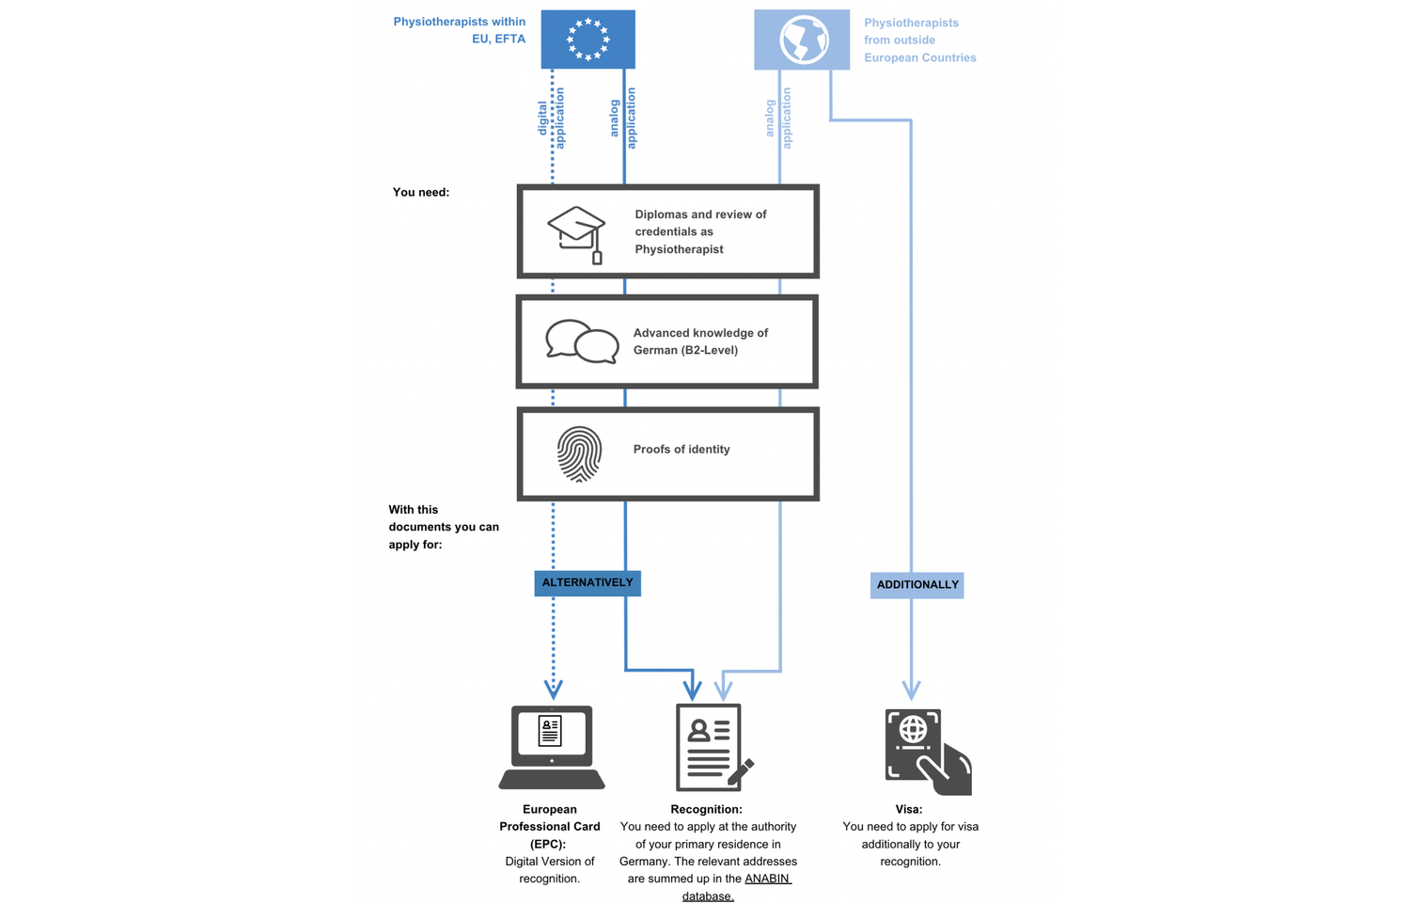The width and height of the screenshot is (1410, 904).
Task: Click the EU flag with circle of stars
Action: click(x=587, y=40)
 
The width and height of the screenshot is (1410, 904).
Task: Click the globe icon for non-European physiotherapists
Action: click(x=802, y=40)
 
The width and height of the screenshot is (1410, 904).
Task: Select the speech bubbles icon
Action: click(x=582, y=341)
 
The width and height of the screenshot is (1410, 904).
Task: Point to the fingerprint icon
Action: click(x=579, y=453)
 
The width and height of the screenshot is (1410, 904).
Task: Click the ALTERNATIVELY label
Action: click(x=587, y=582)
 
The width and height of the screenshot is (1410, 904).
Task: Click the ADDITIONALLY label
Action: click(x=917, y=585)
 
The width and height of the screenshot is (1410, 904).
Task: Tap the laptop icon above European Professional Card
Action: click(x=552, y=747)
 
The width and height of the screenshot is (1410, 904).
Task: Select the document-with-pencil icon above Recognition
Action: click(x=713, y=747)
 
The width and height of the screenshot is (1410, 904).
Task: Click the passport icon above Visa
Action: click(x=928, y=752)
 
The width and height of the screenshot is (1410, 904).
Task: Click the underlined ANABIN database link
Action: click(x=737, y=887)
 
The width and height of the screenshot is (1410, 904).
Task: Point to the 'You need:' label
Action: click(x=421, y=192)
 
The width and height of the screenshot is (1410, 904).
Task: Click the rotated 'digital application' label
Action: click(x=551, y=118)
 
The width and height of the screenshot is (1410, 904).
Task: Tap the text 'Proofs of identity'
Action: click(x=681, y=449)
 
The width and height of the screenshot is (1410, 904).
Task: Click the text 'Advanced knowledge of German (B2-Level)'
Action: click(x=700, y=341)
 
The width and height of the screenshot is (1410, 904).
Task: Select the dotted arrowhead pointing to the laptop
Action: click(x=554, y=690)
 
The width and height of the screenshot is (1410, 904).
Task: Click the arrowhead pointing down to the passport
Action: click(x=912, y=690)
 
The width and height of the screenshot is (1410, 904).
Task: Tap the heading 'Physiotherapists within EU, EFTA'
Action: click(x=460, y=30)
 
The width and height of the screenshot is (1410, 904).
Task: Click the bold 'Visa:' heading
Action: click(x=909, y=809)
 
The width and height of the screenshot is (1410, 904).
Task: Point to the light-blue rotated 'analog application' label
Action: click(x=778, y=118)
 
